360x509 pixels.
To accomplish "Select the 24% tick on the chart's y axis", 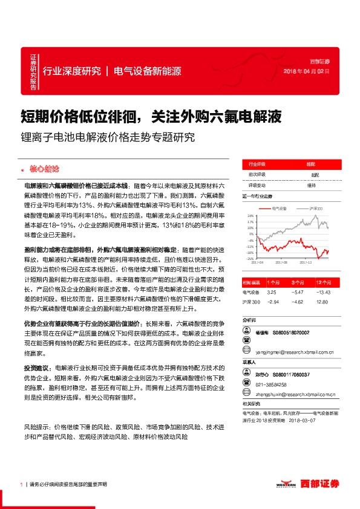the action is point(250,215).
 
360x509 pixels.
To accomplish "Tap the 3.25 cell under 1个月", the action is point(271,292).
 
